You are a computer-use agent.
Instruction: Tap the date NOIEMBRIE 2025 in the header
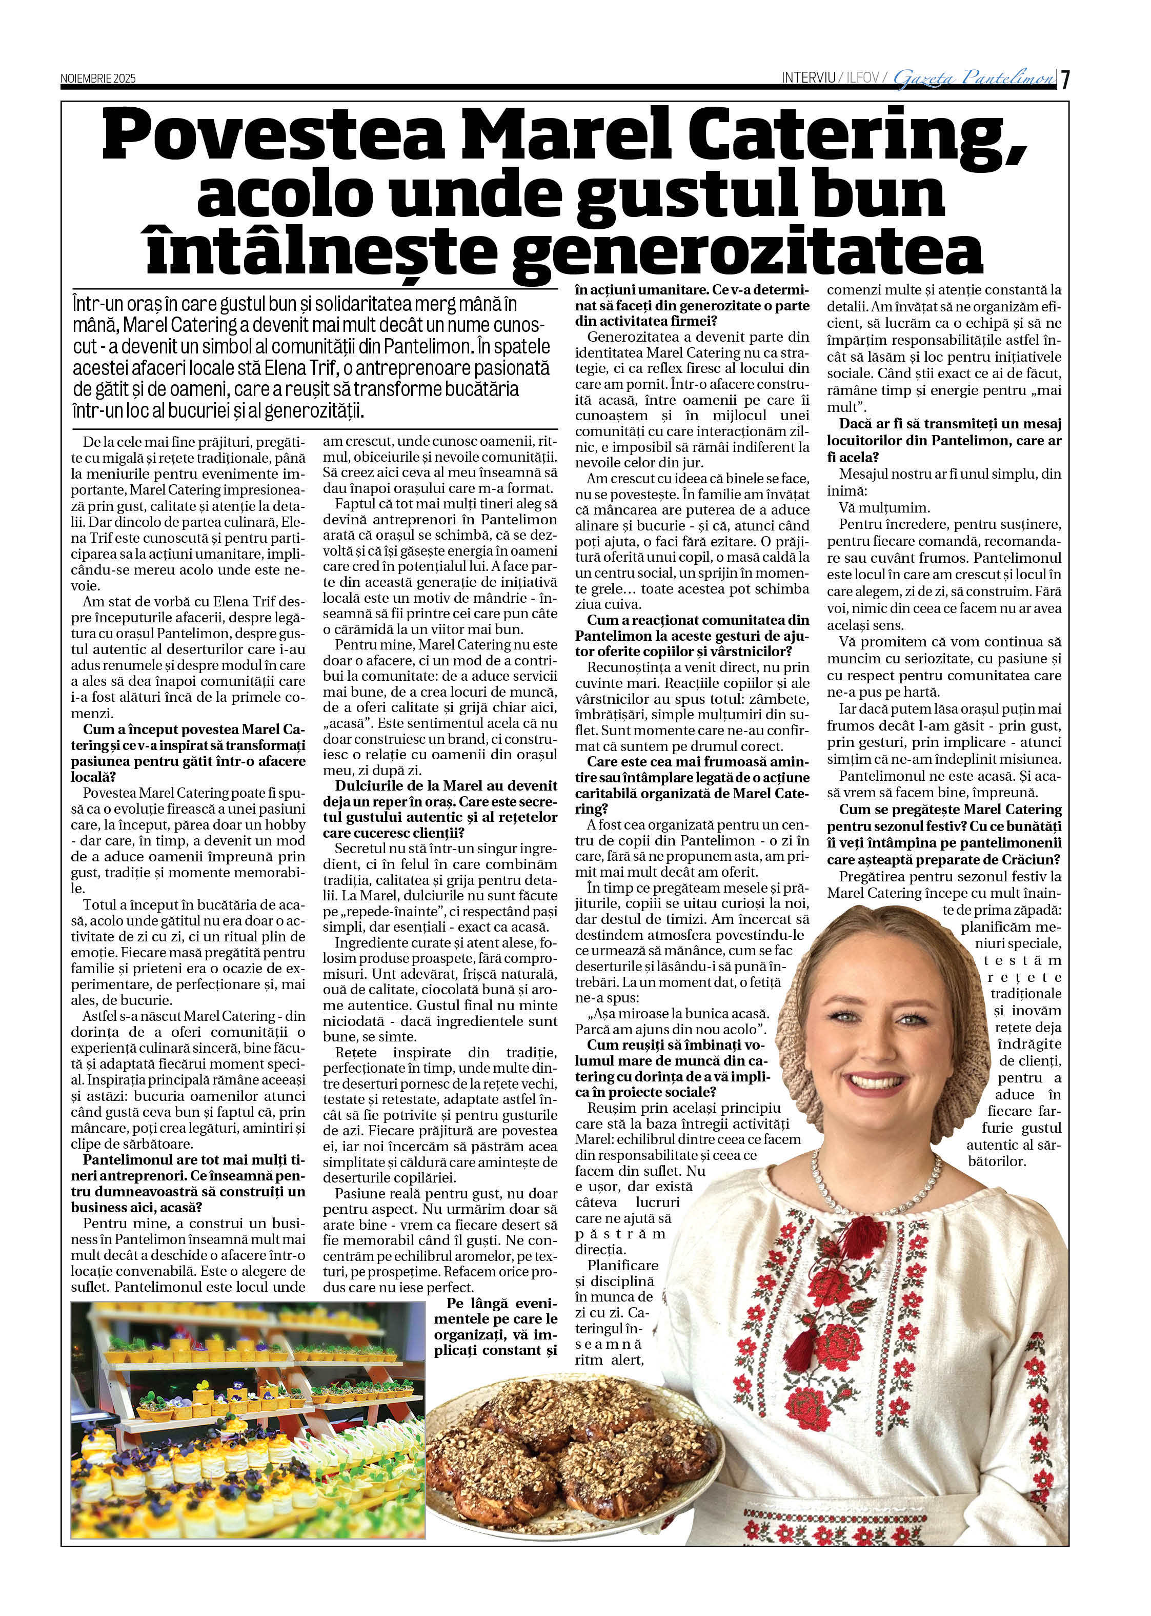click(98, 78)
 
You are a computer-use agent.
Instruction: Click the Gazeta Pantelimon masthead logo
click(973, 78)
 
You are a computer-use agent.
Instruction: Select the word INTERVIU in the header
click(808, 78)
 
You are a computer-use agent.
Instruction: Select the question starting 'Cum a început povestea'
click(188, 753)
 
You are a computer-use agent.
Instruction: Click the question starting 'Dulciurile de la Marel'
click(440, 809)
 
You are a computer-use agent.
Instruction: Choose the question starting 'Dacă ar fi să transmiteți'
click(944, 440)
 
